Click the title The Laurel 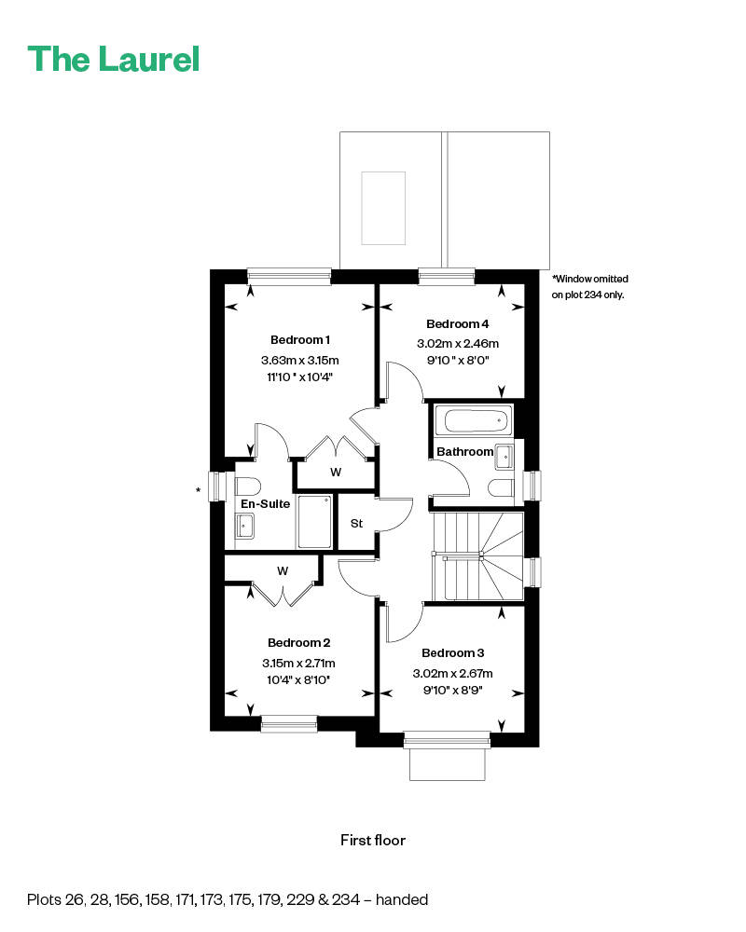point(114,59)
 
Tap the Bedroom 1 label point(300,339)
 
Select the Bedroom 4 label point(457,324)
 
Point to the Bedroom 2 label point(298,642)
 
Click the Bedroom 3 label point(452,653)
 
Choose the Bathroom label point(465,452)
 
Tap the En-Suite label point(266,503)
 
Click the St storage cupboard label point(356,524)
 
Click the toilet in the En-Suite point(247,486)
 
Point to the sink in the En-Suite point(245,528)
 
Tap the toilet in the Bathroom point(502,487)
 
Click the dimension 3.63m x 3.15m point(300,360)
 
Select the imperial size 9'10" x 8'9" point(452,691)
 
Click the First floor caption point(373,840)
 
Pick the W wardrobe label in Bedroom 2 point(282,569)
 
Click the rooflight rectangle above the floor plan point(384,207)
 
